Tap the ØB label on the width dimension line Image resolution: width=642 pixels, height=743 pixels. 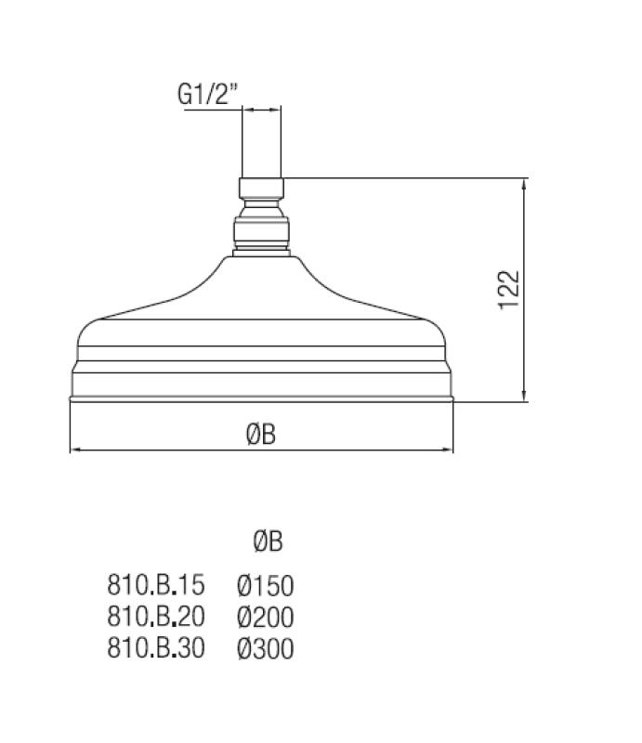[261, 435]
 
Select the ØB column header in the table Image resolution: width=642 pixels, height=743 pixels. [268, 541]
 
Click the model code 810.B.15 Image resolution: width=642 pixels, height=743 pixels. [155, 585]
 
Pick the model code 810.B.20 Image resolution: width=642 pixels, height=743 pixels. [155, 616]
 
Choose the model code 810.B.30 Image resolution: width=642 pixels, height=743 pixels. [155, 647]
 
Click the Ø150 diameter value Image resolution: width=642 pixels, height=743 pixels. [265, 585]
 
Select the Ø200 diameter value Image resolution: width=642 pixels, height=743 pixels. [265, 616]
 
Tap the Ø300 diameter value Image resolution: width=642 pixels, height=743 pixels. [265, 647]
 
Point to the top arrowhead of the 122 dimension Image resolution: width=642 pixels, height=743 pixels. [527, 184]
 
